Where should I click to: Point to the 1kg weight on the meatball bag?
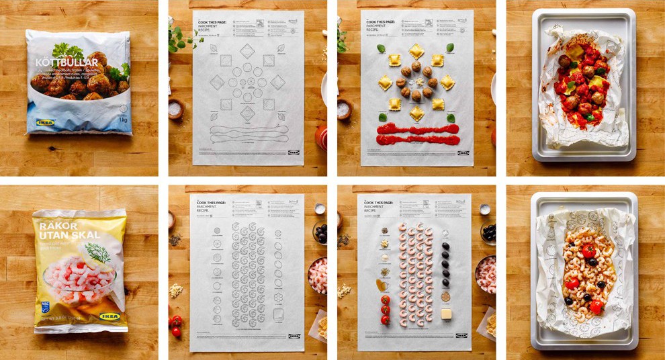[122, 118]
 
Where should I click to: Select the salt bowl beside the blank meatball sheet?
[176, 109]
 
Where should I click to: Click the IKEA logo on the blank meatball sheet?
[294, 152]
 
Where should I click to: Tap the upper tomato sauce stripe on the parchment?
[416, 128]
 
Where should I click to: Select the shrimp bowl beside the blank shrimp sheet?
[317, 274]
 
